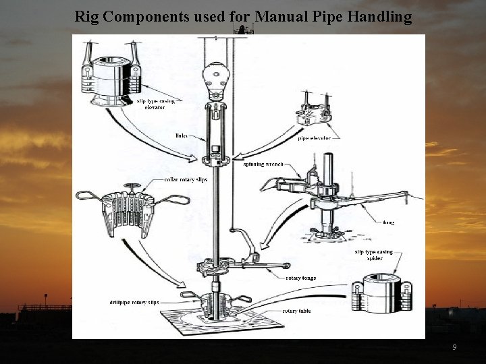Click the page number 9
[454, 347]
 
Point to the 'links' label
[181, 135]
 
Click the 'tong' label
[388, 222]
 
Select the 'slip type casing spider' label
[374, 255]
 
